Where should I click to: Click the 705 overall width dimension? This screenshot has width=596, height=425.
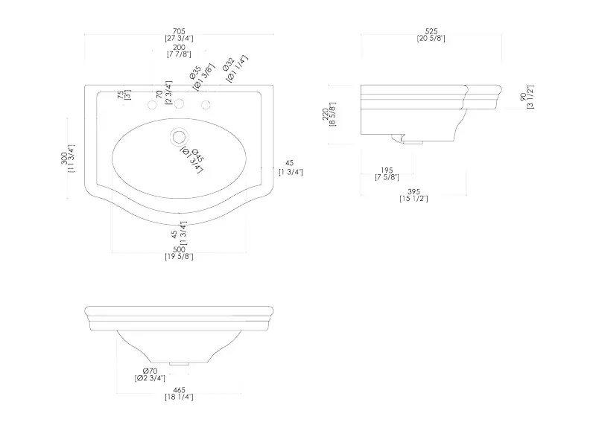coord(179,31)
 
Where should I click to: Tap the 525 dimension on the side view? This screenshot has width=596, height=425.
coord(431,31)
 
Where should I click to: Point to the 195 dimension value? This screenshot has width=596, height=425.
coord(387,170)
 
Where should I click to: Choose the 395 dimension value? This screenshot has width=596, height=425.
coord(413,191)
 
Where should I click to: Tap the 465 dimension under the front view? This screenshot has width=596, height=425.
coord(179,390)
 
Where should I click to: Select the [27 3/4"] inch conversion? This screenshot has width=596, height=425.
coord(179,39)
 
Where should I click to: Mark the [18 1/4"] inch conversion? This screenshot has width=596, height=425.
coord(179,398)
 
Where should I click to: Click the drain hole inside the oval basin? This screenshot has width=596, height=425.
coord(179,137)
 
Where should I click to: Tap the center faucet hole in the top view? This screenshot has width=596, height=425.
coord(179,105)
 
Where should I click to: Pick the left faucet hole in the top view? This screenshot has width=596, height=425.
coord(152,105)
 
